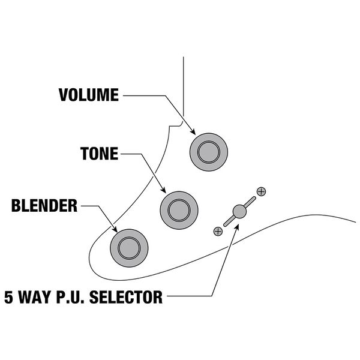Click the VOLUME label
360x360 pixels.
pyautogui.click(x=89, y=95)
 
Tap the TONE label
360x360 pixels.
pyautogui.click(x=100, y=154)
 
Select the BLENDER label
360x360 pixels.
pyautogui.click(x=44, y=207)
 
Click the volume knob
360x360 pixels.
pyautogui.click(x=208, y=149)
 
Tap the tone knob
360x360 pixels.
pyautogui.click(x=178, y=208)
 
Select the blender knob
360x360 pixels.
pyautogui.click(x=128, y=246)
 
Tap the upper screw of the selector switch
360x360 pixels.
pyautogui.click(x=260, y=191)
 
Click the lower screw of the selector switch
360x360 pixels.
pyautogui.click(x=218, y=230)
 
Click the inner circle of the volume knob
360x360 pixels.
pyautogui.click(x=208, y=149)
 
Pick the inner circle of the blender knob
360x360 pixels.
pyautogui.click(x=128, y=246)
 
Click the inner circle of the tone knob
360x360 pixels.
pyautogui.click(x=178, y=208)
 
